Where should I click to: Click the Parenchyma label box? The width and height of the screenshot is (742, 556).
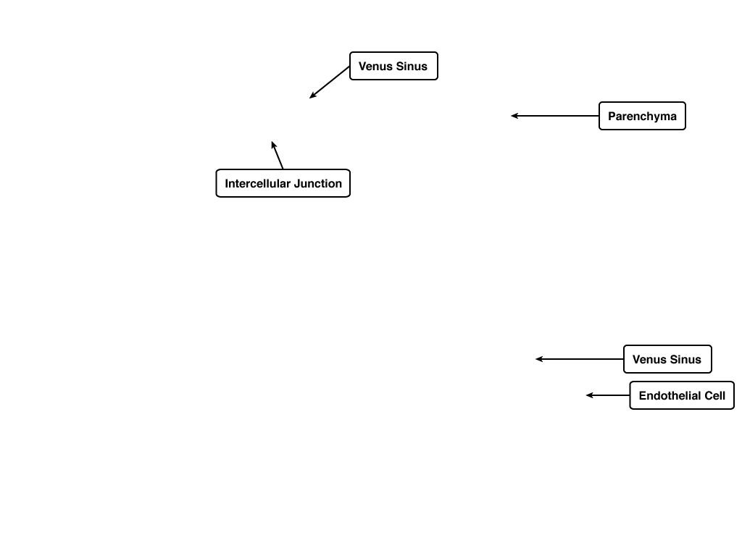(x=642, y=116)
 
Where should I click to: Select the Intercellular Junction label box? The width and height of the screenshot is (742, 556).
(x=283, y=183)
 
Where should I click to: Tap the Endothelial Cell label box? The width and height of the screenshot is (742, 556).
(x=682, y=395)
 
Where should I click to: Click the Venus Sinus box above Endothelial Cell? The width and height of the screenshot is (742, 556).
(x=667, y=359)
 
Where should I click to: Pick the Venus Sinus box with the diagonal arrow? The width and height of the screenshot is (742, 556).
(x=393, y=66)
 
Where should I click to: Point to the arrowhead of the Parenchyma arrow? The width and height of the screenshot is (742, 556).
(x=512, y=116)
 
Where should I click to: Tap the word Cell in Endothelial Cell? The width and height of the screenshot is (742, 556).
(x=715, y=396)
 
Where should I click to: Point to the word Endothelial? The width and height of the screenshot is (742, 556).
(x=670, y=396)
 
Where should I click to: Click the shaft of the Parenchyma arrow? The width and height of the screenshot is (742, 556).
(x=555, y=116)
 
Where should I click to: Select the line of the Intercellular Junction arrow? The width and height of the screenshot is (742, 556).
(x=278, y=155)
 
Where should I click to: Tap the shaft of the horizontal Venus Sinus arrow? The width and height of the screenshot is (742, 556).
(x=580, y=359)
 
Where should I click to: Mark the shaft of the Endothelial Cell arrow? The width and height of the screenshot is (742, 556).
(x=608, y=395)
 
